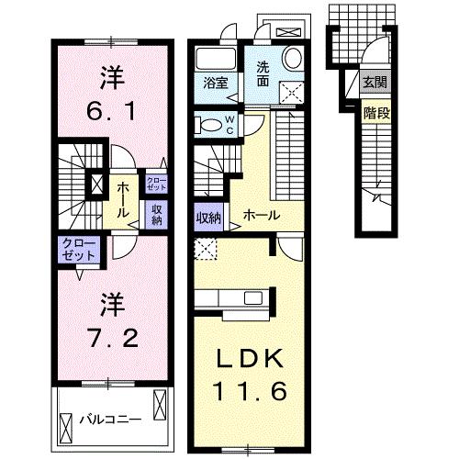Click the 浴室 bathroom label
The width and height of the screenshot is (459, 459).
(x=216, y=82)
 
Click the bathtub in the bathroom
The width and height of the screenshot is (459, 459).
(x=216, y=58)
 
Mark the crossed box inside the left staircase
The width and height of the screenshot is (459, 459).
(x=96, y=185)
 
